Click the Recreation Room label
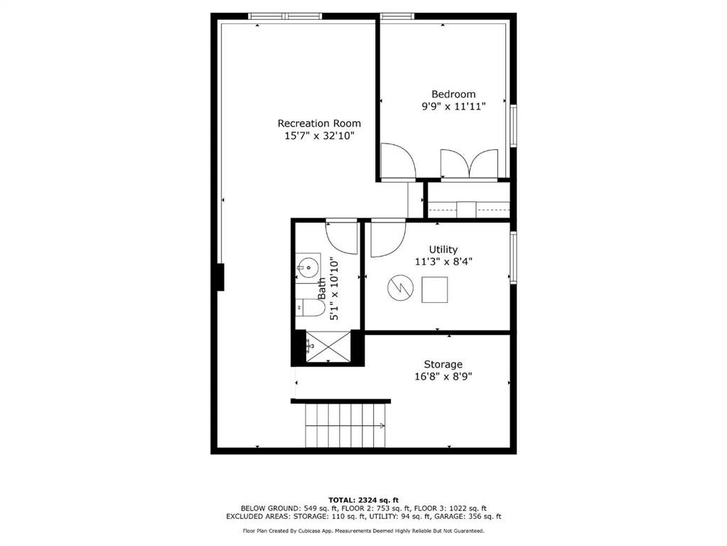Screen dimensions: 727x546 coord(319,124)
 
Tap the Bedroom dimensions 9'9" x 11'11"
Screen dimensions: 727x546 coord(453,106)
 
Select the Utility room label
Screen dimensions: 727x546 coord(443,250)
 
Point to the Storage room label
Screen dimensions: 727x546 coord(443,364)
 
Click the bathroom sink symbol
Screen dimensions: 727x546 coord(308,267)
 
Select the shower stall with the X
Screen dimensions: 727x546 coord(329,346)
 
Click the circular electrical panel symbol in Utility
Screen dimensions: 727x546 coord(400,288)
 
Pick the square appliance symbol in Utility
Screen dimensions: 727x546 coord(434,290)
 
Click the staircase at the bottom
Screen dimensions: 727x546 coord(345,425)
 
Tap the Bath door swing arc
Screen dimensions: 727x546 coord(342,238)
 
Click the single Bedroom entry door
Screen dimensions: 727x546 coord(398,161)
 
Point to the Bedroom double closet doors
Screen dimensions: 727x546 coord(469,164)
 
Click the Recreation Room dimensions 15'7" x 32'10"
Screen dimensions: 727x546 coord(320,136)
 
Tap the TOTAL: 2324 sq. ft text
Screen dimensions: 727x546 coord(364,500)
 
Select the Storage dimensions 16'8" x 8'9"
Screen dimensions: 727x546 coord(443,377)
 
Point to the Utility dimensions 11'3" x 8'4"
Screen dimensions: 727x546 coord(443,262)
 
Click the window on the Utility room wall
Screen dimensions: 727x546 coord(513,257)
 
